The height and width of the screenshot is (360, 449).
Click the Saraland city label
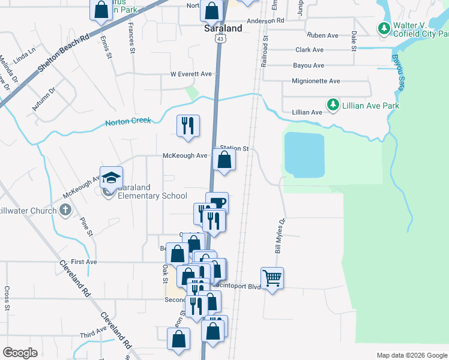click(x=223, y=28)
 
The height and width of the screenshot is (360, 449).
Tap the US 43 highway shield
click(x=221, y=38)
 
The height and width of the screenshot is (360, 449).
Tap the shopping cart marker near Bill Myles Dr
click(x=273, y=278)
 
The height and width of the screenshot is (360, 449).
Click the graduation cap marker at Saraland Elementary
click(x=112, y=177)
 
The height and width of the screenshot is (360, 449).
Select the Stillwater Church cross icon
click(x=65, y=210)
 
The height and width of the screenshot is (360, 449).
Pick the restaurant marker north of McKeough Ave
click(x=188, y=125)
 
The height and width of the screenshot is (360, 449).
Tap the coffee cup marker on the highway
click(x=217, y=202)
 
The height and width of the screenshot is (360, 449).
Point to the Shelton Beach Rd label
click(x=63, y=53)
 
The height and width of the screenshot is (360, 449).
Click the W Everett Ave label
click(x=191, y=74)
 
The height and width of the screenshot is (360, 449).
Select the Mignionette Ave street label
click(x=316, y=81)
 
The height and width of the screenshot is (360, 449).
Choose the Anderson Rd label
click(x=265, y=20)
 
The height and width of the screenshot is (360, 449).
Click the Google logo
click(x=20, y=353)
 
